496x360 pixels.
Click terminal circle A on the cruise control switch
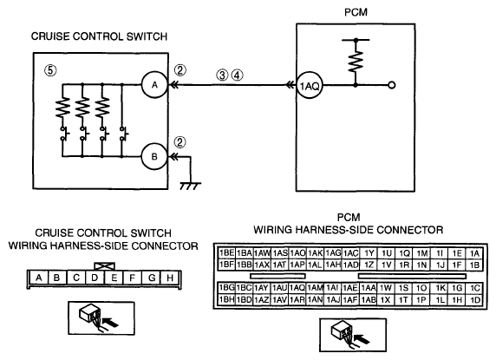154,85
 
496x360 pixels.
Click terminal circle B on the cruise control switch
154,157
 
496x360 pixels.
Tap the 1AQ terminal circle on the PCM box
309,85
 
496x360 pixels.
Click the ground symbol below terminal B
191,186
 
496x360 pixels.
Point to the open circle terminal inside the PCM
392,85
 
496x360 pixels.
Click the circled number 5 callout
50,70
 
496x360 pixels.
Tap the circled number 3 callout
222,75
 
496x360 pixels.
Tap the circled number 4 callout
238,75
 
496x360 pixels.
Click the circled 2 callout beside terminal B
180,142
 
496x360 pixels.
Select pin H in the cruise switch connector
170,278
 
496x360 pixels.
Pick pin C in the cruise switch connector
76,278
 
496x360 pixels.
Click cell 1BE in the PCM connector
226,253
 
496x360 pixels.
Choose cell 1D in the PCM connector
475,299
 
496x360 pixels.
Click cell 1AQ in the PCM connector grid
297,288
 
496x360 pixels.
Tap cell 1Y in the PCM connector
369,253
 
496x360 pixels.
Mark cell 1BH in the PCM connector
226,299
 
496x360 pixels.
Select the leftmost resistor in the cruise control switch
62,108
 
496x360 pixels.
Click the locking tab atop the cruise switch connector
104,266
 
